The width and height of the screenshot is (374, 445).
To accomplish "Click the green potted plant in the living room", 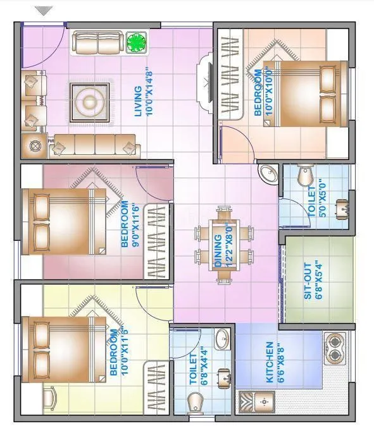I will pos(135,42).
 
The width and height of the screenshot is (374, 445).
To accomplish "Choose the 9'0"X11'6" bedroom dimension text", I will pos(135,224).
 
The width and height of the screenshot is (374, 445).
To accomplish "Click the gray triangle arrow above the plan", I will pos(44,11).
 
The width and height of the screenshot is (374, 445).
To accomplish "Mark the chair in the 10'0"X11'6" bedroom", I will pos(51,398).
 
